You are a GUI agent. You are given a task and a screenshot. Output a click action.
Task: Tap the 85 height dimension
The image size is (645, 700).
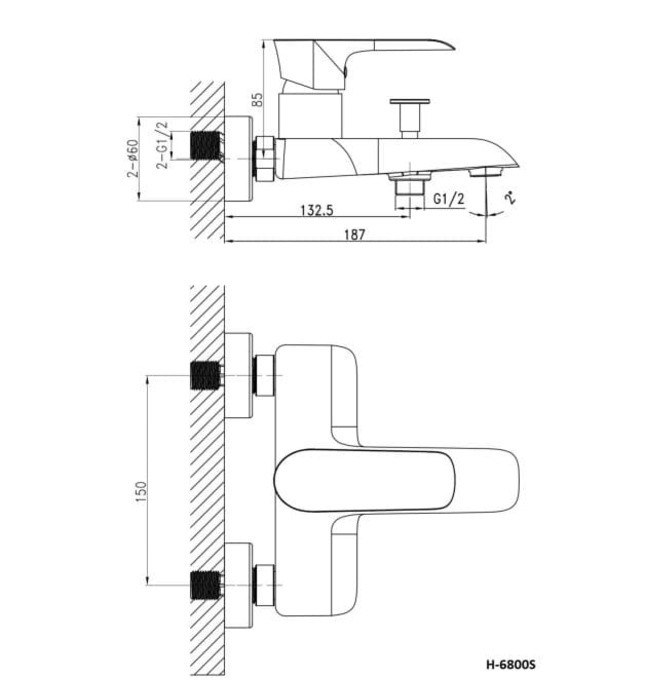pos(258,99)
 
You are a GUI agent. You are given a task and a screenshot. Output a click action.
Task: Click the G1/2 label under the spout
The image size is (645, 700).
pos(450,200)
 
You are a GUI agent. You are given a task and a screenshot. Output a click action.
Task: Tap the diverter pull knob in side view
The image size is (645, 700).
pos(409,113)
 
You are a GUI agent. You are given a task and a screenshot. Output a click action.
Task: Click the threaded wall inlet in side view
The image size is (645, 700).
pos(205,145)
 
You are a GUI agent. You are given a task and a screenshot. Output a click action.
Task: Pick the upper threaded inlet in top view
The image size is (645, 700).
pos(205,376)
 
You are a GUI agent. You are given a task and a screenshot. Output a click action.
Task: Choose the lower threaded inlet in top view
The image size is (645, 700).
pos(205,582)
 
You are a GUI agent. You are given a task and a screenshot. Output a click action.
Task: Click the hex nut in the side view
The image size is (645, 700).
pos(265,157)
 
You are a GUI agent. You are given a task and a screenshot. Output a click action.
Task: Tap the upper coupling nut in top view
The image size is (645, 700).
pos(264,376)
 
